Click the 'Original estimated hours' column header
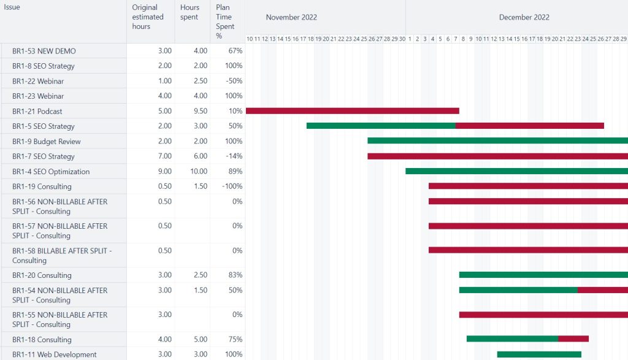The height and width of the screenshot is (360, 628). pos(148,17)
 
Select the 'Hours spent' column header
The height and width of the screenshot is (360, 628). pos(190,12)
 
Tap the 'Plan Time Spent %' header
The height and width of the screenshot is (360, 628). pos(224,21)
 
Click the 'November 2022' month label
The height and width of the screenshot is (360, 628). pos(291,17)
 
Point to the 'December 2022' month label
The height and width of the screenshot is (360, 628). pos(524,17)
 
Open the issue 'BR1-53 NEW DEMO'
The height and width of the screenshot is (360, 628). pos(44,51)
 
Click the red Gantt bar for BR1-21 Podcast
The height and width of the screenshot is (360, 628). pos(352,111)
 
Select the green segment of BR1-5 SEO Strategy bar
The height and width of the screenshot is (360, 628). pos(380,126)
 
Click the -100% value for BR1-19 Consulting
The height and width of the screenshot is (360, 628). pos(232,186)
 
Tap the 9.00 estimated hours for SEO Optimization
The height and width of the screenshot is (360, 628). pos(164,172)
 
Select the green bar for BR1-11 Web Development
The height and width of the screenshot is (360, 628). pos(538,354)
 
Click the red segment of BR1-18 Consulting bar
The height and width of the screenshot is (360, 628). pos(573,339)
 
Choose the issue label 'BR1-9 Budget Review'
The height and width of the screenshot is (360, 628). pos(47,142)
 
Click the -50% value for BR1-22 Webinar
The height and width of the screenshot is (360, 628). pos(234,81)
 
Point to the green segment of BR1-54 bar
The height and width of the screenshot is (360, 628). pos(518,290)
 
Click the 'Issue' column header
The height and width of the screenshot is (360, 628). pos(12,7)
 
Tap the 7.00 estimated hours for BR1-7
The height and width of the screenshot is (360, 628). pos(164,156)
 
